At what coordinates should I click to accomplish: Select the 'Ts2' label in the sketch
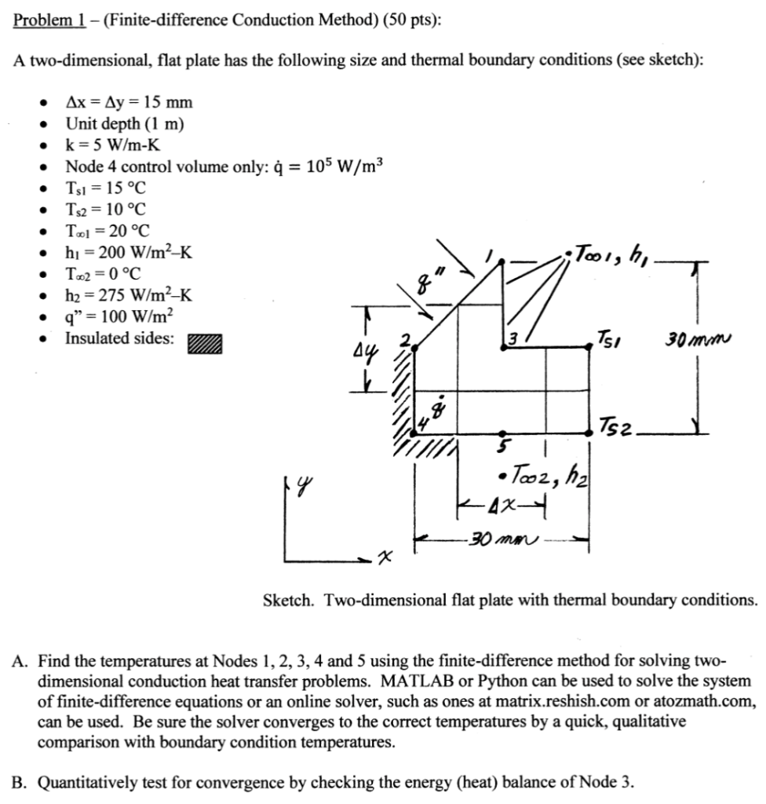[618, 427]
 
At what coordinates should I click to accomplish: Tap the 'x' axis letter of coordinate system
[384, 556]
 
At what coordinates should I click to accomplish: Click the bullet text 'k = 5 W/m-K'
[115, 144]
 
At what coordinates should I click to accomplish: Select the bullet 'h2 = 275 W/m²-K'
[130, 295]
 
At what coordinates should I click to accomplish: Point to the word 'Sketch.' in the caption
[287, 600]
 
